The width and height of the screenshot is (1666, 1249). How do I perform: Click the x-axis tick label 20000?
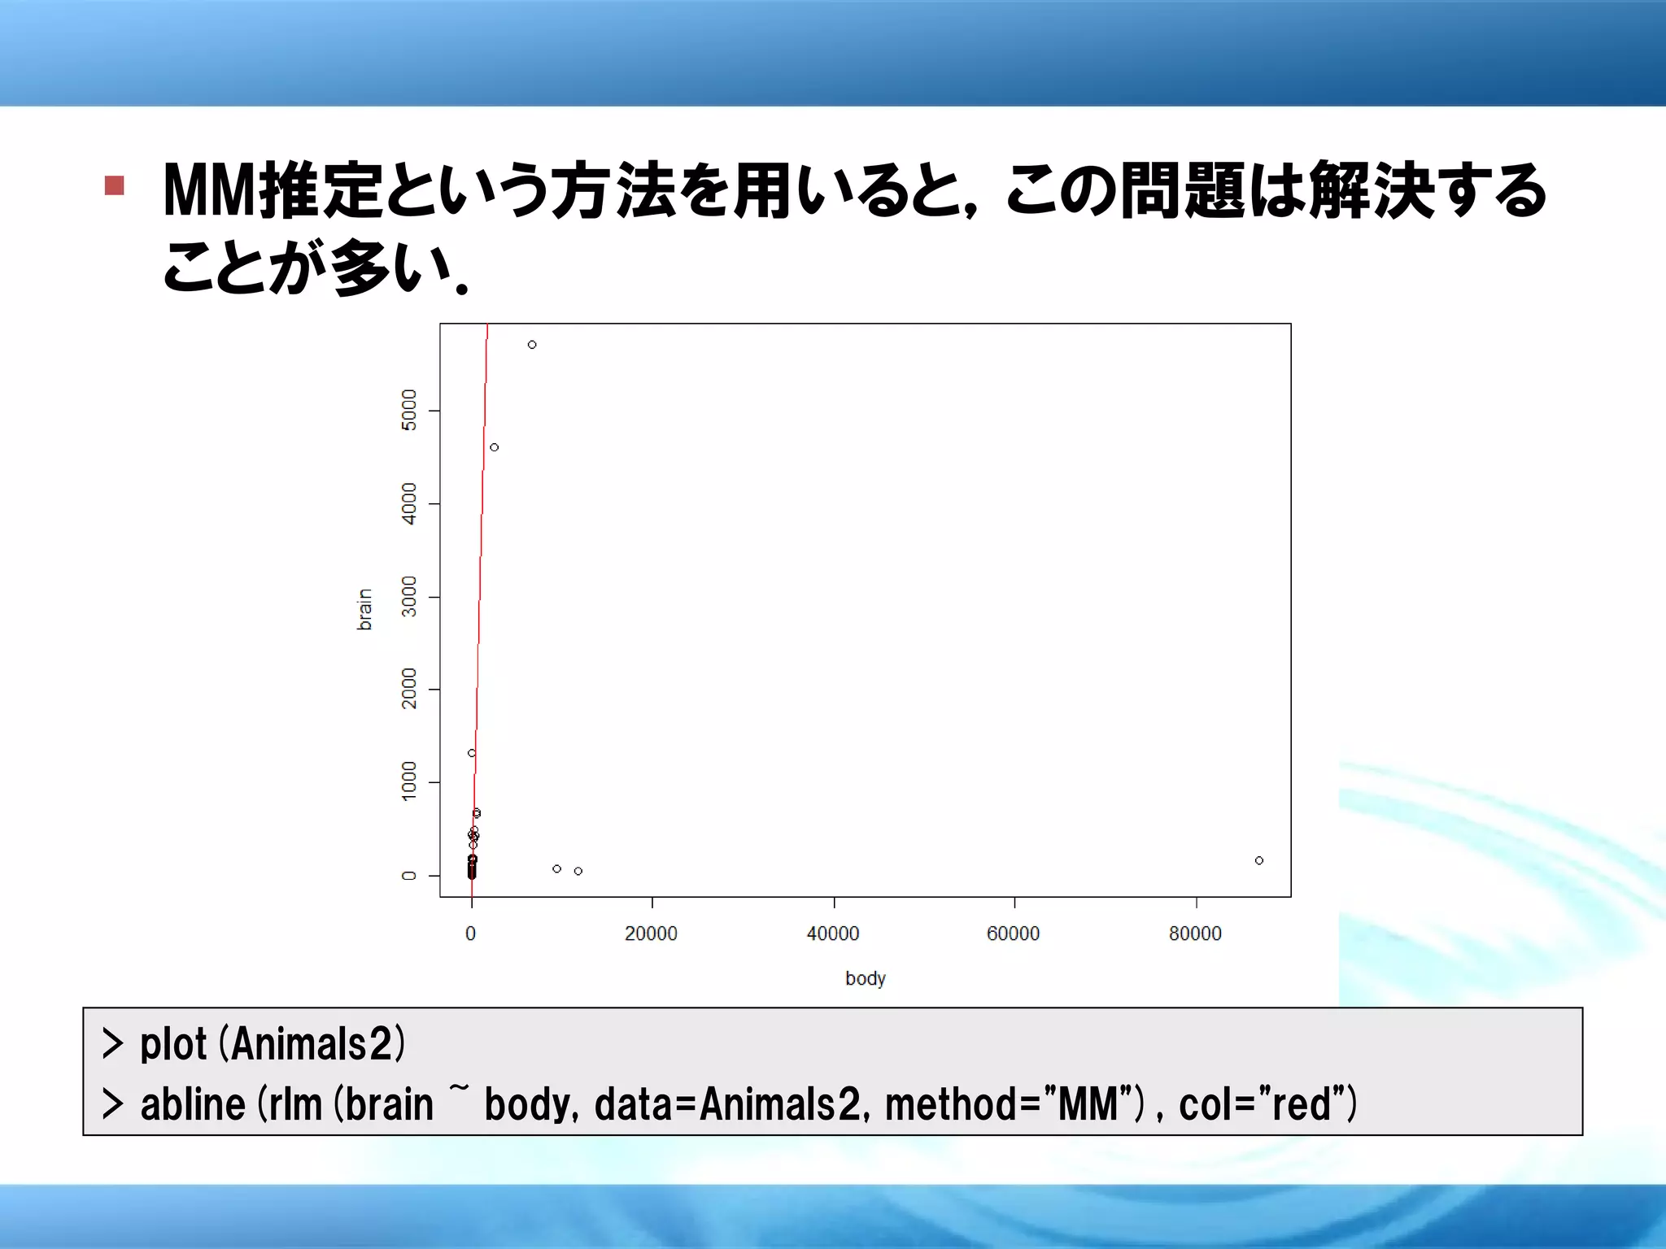651,933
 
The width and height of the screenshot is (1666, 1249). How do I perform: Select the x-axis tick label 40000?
833,933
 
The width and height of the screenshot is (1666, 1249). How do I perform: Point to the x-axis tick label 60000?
1014,933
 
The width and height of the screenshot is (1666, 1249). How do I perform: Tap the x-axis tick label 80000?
1195,933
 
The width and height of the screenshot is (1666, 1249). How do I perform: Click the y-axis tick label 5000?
409,410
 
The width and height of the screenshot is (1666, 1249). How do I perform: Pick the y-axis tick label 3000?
409,596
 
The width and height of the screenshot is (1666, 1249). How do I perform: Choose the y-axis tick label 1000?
409,781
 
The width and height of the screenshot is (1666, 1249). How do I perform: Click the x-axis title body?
865,978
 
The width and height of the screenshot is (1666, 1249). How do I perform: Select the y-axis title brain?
364,610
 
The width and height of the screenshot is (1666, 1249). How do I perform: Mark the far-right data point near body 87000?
1259,860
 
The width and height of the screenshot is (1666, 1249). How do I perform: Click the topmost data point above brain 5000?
532,345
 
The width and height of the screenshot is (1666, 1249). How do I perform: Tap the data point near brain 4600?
494,447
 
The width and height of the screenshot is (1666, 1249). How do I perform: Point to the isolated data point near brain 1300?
472,753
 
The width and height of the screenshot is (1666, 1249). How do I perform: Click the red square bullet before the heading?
115,186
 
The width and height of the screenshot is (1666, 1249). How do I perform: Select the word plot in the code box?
173,1045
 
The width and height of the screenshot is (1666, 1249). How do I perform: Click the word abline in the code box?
193,1105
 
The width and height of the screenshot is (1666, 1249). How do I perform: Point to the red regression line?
480,569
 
